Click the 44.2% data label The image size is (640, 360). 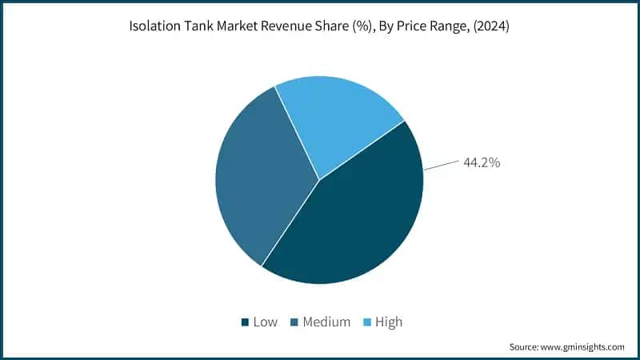coord(482,162)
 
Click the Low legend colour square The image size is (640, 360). coord(244,322)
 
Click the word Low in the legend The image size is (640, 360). coord(265,322)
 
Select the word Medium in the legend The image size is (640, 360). coord(326,322)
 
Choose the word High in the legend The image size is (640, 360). coord(388,322)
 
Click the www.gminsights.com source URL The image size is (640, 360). coord(582,347)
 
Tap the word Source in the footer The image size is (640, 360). coord(523,347)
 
